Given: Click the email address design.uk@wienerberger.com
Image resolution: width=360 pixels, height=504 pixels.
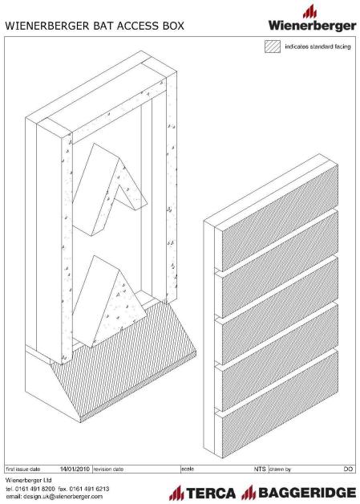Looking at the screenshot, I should coord(55,497).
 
